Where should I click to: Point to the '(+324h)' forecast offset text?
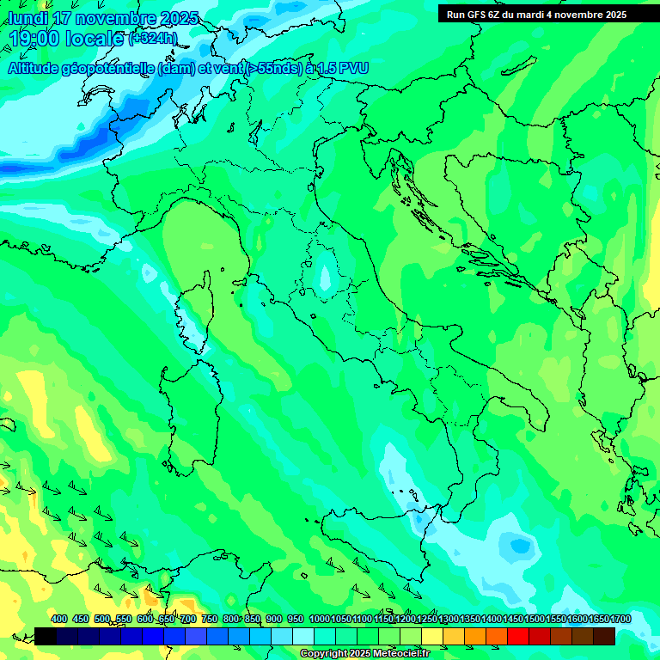153,38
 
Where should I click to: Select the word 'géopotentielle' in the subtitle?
107,69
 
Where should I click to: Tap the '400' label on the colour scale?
59,620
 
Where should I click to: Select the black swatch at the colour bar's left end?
46,636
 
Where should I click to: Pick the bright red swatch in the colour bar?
518,636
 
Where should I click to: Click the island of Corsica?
197,314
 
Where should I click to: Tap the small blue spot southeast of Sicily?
519,545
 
